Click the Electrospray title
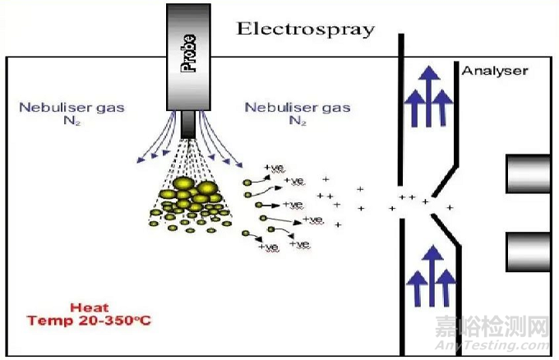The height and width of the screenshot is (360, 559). (x=305, y=29)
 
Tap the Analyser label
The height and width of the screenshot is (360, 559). (x=494, y=71)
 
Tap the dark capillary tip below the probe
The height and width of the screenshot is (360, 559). (x=190, y=124)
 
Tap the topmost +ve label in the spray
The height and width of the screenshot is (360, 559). (x=273, y=168)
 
